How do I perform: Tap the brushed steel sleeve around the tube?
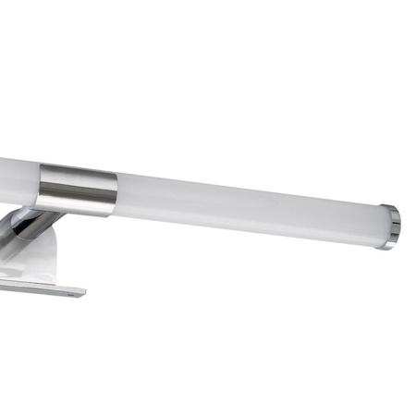[x=79, y=190]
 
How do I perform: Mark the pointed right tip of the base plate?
[x=84, y=294]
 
